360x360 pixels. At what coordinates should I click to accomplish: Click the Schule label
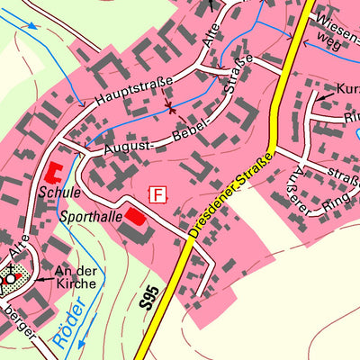coord(59,192)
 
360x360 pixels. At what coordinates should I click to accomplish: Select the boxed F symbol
coord(159,194)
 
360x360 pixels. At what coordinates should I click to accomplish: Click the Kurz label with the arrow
coord(346,89)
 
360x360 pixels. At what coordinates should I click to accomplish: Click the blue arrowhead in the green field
coord(33,24)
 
